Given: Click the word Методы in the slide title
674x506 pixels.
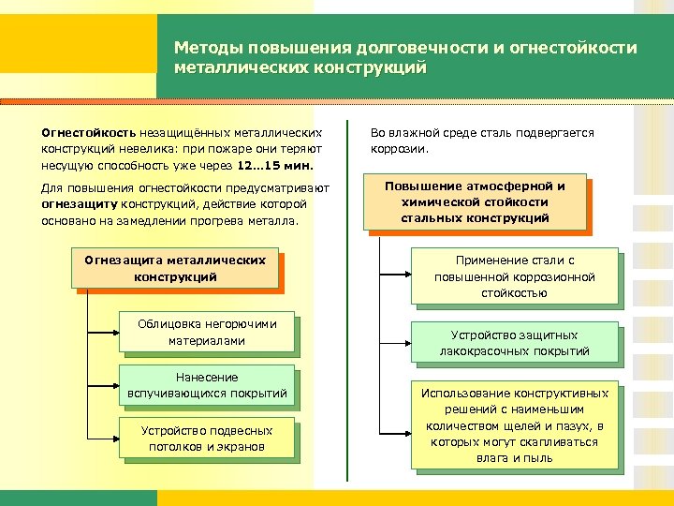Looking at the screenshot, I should [x=204, y=48].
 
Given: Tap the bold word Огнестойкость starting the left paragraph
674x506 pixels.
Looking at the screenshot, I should [x=89, y=133].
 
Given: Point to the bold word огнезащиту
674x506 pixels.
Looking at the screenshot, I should [x=78, y=204].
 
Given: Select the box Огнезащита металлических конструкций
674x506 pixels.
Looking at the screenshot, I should [x=175, y=269].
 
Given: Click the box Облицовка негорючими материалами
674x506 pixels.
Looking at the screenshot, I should [x=207, y=332].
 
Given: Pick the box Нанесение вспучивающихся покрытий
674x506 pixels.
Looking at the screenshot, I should [x=207, y=385].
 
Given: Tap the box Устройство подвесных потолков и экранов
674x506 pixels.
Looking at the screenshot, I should [x=207, y=439].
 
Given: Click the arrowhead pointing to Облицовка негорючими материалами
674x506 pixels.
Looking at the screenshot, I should [x=116, y=333].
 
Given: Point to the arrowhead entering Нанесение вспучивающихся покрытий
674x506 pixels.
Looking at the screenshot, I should [x=116, y=385].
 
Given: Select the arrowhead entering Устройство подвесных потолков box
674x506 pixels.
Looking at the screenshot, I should [x=116, y=439].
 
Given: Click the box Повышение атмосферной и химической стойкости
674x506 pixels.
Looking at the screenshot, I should [x=475, y=201].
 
